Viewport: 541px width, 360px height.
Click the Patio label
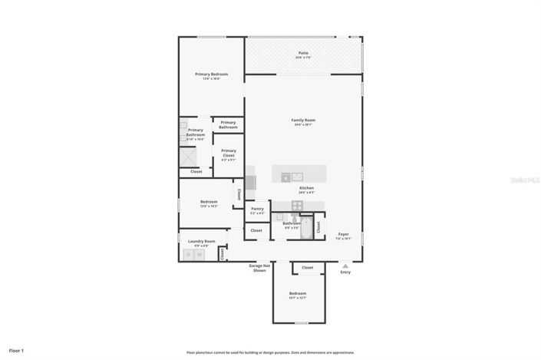coord(304,53)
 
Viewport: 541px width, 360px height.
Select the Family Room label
coord(303,120)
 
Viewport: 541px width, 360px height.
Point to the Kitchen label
coord(306,187)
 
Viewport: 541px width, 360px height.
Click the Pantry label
coord(257,209)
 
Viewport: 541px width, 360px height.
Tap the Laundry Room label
coord(201,241)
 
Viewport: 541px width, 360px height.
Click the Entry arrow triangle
coord(345,266)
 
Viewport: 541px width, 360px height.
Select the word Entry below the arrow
coord(345,272)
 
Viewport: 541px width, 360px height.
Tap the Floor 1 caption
coord(17,351)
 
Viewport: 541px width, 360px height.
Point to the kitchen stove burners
coord(296,204)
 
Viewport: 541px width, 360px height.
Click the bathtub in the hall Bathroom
coord(306,228)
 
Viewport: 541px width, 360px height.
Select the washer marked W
coord(199,254)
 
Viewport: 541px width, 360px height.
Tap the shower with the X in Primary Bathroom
coord(190,157)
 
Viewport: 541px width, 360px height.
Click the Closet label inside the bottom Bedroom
coord(307,268)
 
